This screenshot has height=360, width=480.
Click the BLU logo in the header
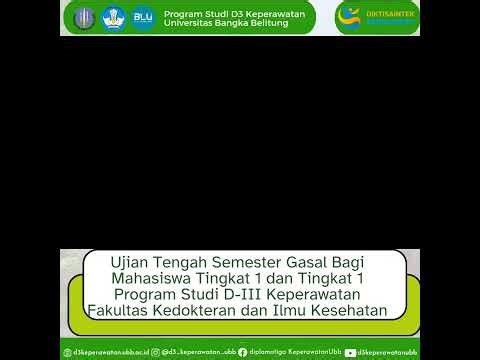pyautogui.click(x=143, y=18)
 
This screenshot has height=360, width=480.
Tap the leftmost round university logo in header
pyautogui.click(x=84, y=18)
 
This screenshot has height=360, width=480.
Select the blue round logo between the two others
pyautogui.click(x=113, y=18)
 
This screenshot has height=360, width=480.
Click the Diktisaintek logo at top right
pyautogui.click(x=377, y=17)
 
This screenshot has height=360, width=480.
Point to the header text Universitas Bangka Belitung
pyautogui.click(x=225, y=23)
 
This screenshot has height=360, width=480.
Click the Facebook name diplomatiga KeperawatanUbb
pyautogui.click(x=290, y=352)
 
